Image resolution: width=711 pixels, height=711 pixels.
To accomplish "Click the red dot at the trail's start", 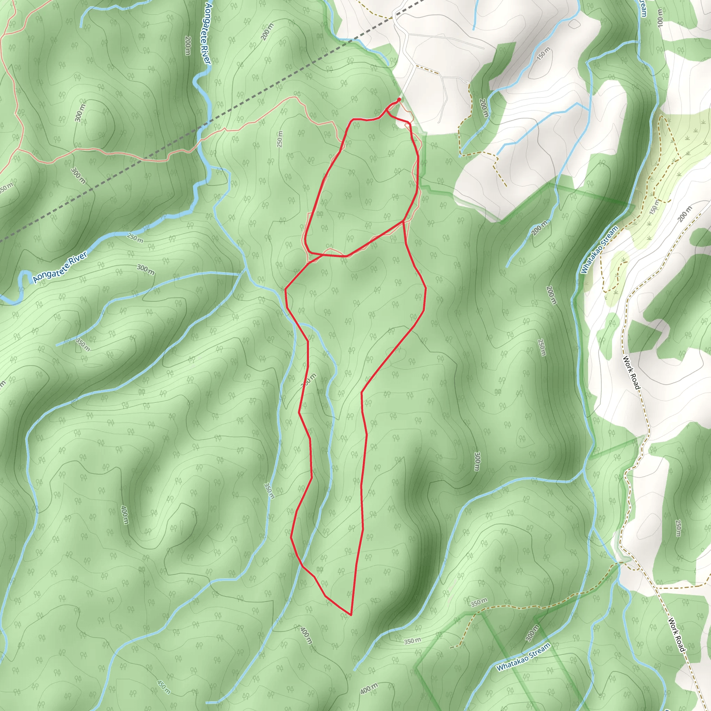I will coord(399,99).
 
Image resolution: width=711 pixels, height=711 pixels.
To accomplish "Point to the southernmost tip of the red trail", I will coord(351,615).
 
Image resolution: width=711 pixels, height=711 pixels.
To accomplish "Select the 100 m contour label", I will coord(660,17).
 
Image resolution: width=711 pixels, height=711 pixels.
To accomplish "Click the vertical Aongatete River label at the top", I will coord(208,33).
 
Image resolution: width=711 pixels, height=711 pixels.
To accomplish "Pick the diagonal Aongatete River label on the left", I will coord(60,267).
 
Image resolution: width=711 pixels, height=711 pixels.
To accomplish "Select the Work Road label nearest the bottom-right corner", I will coord(677,635).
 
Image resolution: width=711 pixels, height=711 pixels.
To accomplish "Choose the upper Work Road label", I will coord(631,372).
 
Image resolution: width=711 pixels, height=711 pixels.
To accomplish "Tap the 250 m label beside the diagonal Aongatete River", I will coord(135,238).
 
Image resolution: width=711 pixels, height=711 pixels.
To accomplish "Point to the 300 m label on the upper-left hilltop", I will coord(80,112).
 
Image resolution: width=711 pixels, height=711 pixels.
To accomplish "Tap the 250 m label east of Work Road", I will coord(678,528).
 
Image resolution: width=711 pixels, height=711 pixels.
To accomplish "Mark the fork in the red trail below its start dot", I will coord(386,111).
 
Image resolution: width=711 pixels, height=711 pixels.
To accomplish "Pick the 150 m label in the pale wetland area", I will coord(654,208).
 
